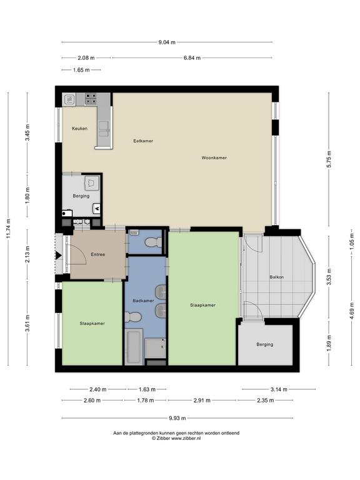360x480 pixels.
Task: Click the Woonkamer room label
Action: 214,158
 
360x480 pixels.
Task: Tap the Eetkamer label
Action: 143,141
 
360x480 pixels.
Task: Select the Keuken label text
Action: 79,129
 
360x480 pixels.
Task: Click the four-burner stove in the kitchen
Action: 91,99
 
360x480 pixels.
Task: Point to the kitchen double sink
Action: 104,129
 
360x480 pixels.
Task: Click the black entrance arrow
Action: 59,255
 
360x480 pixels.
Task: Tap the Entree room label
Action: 98,254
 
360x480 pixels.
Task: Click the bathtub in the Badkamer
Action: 134,347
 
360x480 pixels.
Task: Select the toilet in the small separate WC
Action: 153,242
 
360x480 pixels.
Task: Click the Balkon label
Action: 276,277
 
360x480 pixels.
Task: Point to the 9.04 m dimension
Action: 167,42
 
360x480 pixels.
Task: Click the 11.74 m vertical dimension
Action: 9,228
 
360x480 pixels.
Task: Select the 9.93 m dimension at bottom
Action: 177,418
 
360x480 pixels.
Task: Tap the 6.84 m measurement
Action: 192,57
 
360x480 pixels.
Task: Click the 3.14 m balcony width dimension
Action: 279,389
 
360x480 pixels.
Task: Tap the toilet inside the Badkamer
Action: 133,317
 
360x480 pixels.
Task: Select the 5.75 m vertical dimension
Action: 329,159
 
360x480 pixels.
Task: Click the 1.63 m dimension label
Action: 147,389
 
